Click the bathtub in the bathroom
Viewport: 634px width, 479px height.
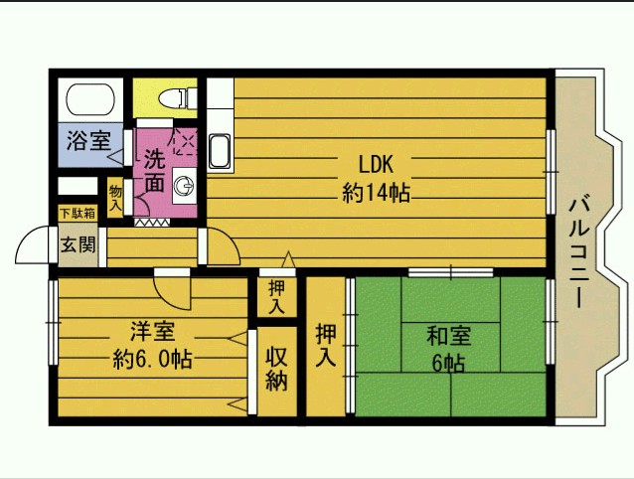[x=90, y=99]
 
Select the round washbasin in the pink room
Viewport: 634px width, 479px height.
[x=184, y=186]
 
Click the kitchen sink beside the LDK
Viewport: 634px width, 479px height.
[x=220, y=151]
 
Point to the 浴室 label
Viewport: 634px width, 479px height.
[x=88, y=140]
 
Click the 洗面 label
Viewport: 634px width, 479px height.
[x=155, y=171]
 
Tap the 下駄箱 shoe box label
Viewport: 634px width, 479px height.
[x=78, y=214]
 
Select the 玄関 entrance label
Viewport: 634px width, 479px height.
[x=79, y=244]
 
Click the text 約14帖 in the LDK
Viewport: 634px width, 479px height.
[x=376, y=193]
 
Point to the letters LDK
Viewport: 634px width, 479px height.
[x=376, y=164]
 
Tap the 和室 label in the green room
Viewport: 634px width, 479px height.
[x=449, y=336]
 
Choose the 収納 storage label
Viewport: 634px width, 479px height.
[x=277, y=369]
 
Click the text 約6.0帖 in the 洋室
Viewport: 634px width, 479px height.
[x=152, y=359]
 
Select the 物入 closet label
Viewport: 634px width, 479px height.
[x=115, y=198]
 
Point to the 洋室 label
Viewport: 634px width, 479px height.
[x=152, y=331]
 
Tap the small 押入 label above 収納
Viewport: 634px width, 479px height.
[x=277, y=298]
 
